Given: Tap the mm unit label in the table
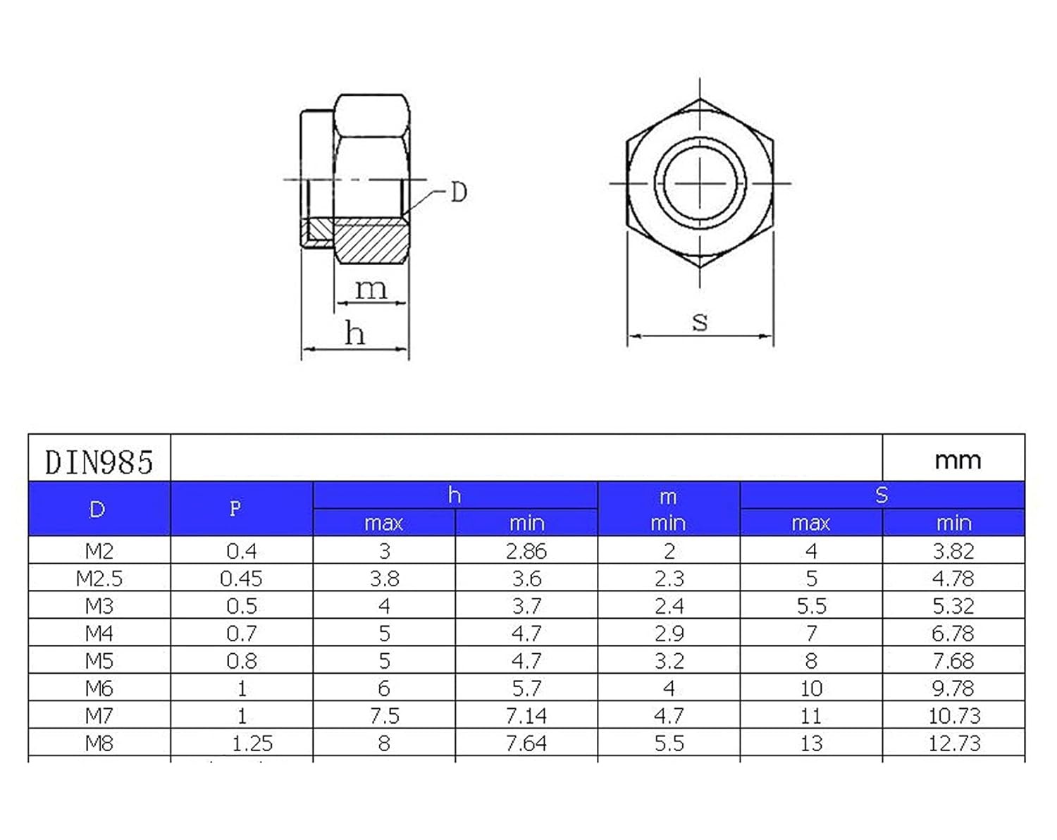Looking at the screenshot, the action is [958, 461].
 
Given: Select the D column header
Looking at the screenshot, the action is [97, 509].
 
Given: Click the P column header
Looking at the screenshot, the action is [235, 509].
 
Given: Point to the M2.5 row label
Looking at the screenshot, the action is [99, 579].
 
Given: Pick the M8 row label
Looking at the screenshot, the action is [99, 743].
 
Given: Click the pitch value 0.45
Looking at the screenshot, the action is [241, 579].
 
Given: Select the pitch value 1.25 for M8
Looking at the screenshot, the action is [252, 743].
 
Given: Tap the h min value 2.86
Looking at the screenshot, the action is [526, 551].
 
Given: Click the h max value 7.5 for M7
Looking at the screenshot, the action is [385, 716].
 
